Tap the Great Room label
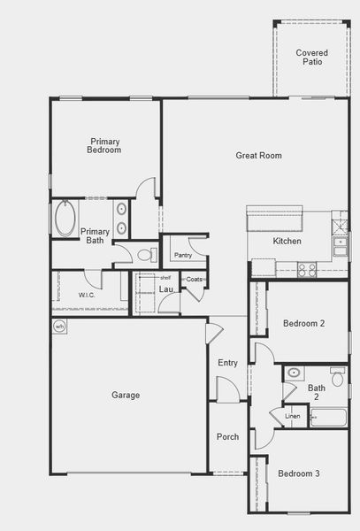(258, 156)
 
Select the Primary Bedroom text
(105, 146)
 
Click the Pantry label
(183, 255)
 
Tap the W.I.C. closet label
(87, 295)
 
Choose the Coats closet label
(195, 280)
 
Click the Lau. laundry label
(165, 289)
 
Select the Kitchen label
(287, 241)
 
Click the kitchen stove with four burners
(306, 269)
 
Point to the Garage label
(126, 395)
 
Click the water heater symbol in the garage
(60, 326)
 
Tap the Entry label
(227, 363)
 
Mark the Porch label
(227, 436)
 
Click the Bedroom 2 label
(303, 324)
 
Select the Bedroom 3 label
(299, 474)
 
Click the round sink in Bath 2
(295, 373)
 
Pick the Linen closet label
(293, 416)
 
